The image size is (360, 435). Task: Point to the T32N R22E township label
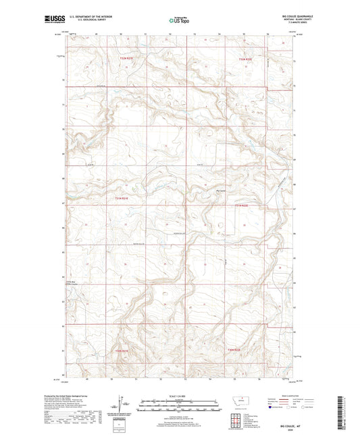coord(245,59)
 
